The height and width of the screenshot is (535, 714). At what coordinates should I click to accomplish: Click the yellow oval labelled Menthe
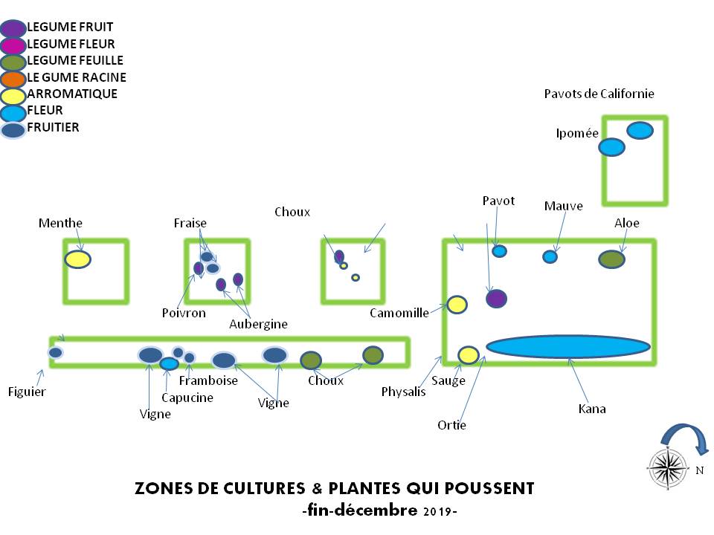(77, 259)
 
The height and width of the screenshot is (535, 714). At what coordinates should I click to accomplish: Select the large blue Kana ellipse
(568, 346)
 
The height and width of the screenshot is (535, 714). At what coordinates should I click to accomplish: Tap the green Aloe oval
(611, 259)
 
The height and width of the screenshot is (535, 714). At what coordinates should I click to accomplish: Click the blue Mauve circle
(550, 256)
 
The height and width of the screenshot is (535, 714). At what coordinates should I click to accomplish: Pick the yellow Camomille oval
(457, 305)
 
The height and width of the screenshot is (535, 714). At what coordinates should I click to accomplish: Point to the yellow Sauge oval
(468, 355)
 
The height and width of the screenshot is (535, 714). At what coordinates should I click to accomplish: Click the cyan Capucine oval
(170, 363)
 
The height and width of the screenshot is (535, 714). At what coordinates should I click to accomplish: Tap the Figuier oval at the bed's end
(56, 352)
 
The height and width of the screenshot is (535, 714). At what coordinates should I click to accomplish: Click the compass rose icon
(667, 467)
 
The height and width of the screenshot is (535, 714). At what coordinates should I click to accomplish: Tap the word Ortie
(452, 426)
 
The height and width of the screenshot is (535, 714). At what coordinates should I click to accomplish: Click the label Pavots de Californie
(599, 94)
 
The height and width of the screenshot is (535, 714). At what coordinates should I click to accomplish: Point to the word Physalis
(403, 392)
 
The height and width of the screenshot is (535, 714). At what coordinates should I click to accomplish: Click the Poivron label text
(184, 313)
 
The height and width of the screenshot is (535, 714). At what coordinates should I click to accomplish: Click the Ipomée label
(577, 134)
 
